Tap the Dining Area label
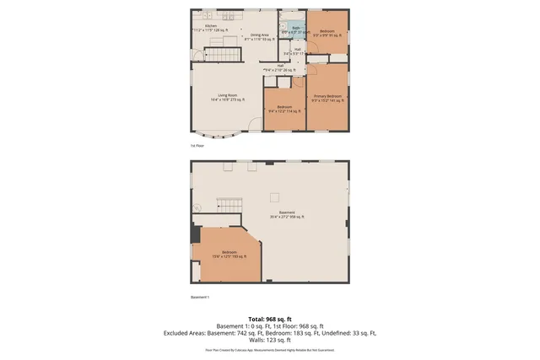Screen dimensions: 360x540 point(260,36)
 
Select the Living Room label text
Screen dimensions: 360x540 point(228,98)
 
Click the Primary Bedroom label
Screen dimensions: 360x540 point(328,98)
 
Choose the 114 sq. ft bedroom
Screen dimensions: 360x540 point(284,109)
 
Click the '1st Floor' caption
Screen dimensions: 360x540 point(197,146)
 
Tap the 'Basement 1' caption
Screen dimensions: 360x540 point(200,297)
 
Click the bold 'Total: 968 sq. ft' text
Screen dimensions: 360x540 point(270,317)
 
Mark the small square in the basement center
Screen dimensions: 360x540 point(273,196)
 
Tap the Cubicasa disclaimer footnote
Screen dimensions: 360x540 point(270,349)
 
